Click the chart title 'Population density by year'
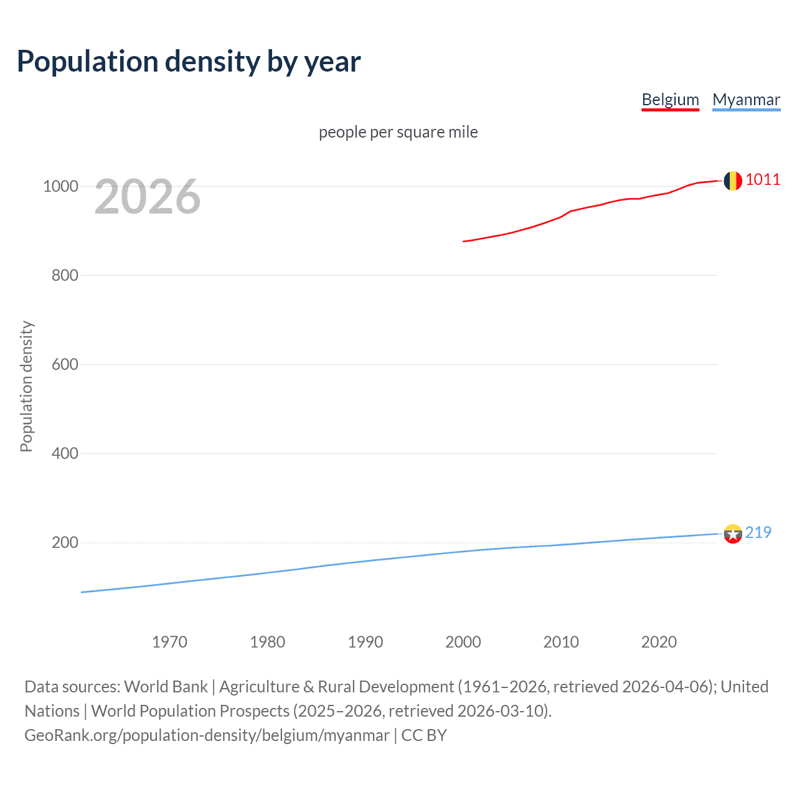(x=189, y=62)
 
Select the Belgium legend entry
(x=670, y=100)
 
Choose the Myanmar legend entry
(x=746, y=100)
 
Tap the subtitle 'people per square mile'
(x=398, y=132)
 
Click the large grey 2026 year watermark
(x=148, y=197)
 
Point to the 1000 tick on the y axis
(x=60, y=186)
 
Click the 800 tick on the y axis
(x=65, y=275)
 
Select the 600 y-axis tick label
(x=65, y=364)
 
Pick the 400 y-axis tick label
(x=65, y=453)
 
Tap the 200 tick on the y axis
(x=65, y=542)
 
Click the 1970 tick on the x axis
(x=169, y=642)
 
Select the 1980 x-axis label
(x=267, y=642)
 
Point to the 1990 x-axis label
(x=365, y=642)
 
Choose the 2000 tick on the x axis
(x=463, y=642)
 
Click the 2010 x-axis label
(x=561, y=642)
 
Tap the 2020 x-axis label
(x=659, y=642)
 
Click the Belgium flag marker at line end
(x=733, y=181)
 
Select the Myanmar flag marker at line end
(x=733, y=534)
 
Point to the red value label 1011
(x=763, y=180)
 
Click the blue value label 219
(x=758, y=532)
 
